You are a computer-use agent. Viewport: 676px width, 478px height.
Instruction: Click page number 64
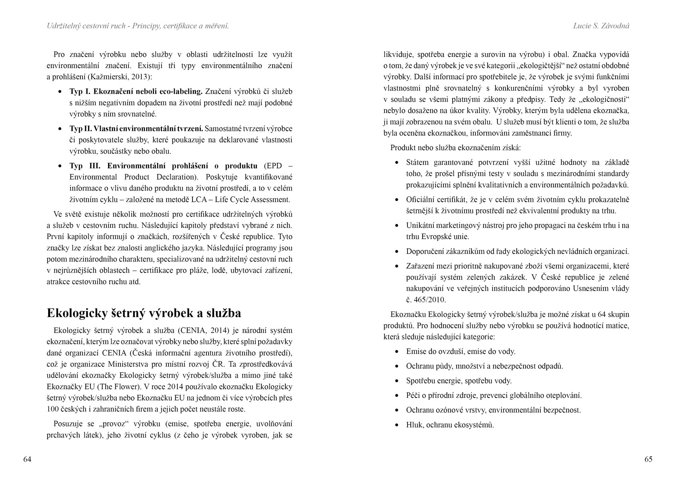(x=27, y=459)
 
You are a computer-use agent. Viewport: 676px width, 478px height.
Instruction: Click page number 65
(x=648, y=459)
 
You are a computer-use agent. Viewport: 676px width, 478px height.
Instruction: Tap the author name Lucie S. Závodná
(x=601, y=26)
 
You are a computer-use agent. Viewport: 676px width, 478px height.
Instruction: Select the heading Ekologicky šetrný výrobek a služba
(x=144, y=313)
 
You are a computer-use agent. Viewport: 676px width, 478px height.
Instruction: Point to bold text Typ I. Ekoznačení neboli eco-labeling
(x=136, y=92)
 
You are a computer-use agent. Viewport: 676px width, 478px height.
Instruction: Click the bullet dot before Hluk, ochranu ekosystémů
(x=397, y=425)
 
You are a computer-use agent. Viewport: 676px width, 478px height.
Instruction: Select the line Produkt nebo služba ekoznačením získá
(x=455, y=148)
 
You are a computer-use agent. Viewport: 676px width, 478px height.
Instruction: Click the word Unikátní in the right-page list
(x=420, y=225)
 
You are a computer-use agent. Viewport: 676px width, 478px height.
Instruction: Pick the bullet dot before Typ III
(x=60, y=166)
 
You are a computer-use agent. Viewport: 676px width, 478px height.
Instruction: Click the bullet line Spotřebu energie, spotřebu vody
(x=459, y=381)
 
